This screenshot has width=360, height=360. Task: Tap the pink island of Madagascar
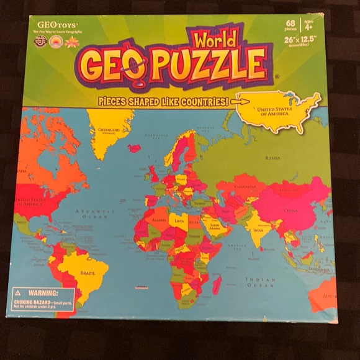tap(217, 285)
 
